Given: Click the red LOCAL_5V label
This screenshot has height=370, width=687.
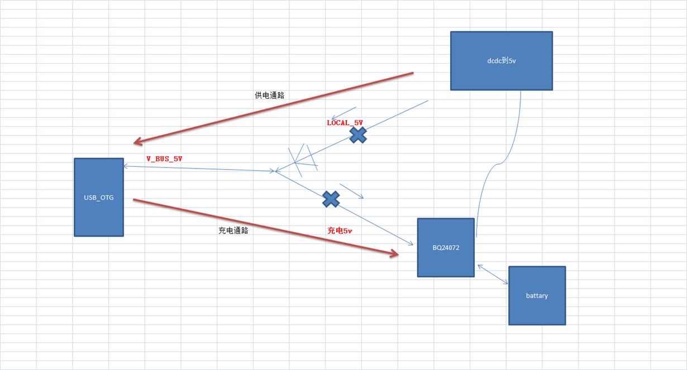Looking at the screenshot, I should [x=345, y=122].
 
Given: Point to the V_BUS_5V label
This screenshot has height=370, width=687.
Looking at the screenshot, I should [x=164, y=159].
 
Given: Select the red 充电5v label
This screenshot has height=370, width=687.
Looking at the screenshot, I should [x=340, y=230].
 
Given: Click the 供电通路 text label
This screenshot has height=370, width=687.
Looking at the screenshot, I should [x=269, y=95].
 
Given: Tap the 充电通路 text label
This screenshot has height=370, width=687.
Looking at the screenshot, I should [x=233, y=230].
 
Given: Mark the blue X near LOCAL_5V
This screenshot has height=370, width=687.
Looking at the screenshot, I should [x=358, y=134].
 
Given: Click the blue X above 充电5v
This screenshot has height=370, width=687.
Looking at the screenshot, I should [x=331, y=199].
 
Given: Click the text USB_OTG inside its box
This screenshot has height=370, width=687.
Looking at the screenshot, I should [x=98, y=197].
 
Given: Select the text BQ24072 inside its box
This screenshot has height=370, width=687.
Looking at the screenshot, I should [x=446, y=247].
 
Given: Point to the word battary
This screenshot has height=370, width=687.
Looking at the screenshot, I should [x=537, y=296].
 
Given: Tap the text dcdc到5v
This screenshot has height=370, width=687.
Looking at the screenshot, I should [x=501, y=60].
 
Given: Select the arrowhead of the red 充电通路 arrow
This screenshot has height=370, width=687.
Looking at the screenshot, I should [x=394, y=254].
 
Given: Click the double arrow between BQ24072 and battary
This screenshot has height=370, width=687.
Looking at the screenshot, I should [x=492, y=275].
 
